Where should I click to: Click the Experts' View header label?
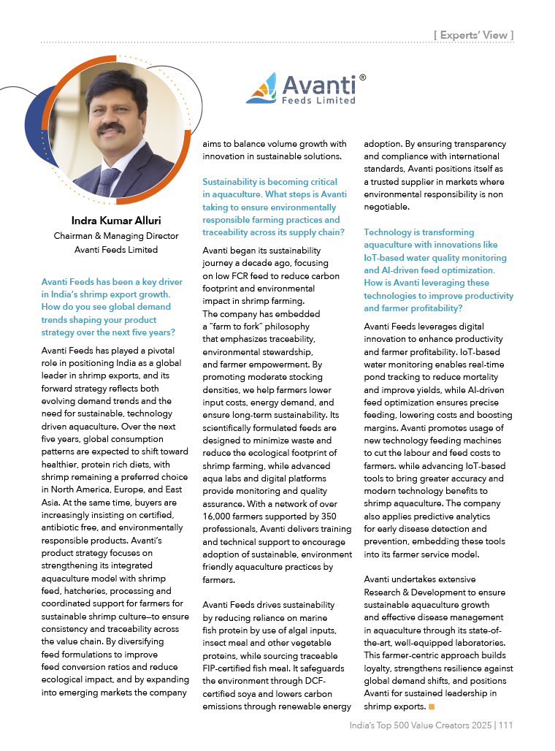(473, 34)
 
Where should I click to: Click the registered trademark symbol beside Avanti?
(362, 76)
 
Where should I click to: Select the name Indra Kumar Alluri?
(116, 220)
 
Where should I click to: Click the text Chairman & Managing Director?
(116, 236)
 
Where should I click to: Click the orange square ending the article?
(432, 706)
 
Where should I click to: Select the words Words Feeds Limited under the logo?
(318, 100)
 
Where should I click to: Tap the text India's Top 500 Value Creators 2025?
(419, 725)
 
